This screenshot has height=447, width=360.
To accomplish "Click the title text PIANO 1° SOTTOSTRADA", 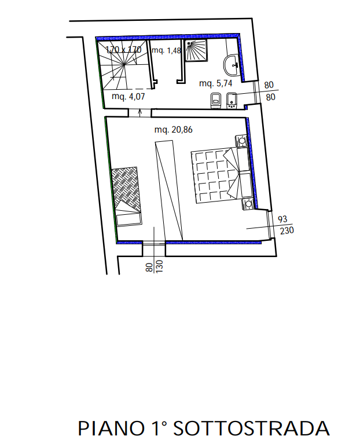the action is point(204,428).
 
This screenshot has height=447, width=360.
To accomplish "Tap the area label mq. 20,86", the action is point(173,130).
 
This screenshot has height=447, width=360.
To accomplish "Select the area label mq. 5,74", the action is point(215,83).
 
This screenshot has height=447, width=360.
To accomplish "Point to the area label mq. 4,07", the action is point(128,96).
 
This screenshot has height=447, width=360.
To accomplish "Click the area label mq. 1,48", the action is point(166,50).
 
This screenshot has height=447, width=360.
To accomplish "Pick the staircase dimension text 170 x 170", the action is point(123,50).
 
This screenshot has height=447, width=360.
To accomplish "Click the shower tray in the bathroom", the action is point(196,50).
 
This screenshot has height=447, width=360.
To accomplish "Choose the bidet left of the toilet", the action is point(216,101).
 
